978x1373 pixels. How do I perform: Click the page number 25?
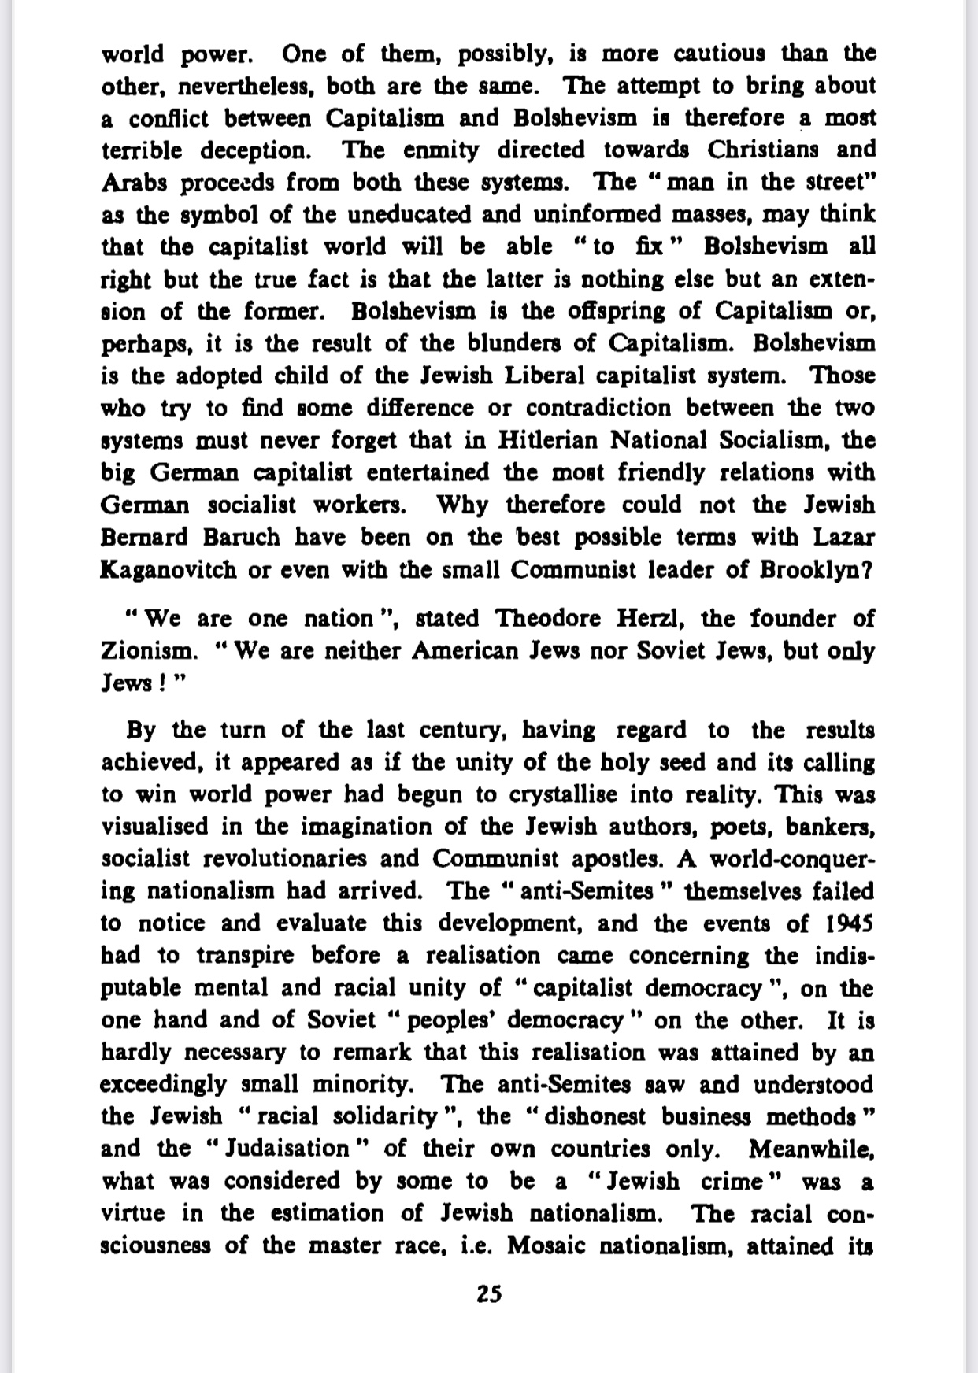coord(489,1294)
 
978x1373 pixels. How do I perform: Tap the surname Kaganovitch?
coord(169,570)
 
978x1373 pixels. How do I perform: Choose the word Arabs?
coord(133,183)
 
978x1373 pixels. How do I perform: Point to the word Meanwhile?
coord(811,1149)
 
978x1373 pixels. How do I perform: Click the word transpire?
coord(245,956)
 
